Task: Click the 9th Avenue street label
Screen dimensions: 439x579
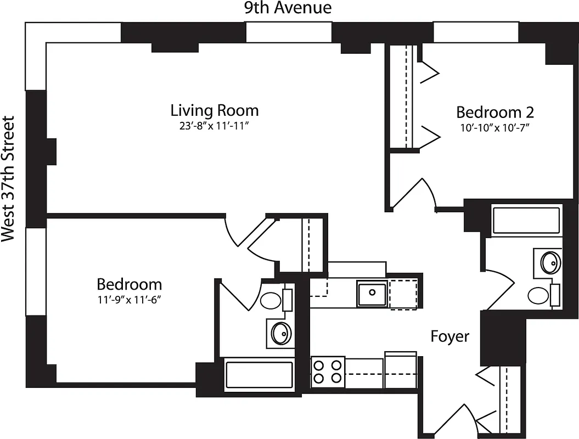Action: coord(288,8)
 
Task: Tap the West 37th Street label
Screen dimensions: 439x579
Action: coord(8,179)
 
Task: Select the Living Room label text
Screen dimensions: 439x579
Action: coord(214,110)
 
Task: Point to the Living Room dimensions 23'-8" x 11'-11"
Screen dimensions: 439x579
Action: coord(214,126)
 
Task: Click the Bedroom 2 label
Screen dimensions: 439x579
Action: coord(494,112)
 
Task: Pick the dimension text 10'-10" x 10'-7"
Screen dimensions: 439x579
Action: coord(494,127)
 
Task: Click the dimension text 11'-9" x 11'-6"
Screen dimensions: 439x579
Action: coord(130,299)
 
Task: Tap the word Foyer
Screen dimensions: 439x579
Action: coord(449,336)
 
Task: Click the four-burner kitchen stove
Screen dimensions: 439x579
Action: coord(328,372)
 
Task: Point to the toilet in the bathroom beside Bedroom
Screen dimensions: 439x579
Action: coord(274,300)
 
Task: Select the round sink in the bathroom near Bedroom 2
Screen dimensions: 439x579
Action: coord(550,262)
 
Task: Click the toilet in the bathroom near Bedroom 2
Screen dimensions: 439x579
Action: coord(542,295)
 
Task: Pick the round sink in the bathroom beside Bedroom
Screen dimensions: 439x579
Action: coord(281,333)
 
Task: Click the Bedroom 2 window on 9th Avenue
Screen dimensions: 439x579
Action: coord(476,31)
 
